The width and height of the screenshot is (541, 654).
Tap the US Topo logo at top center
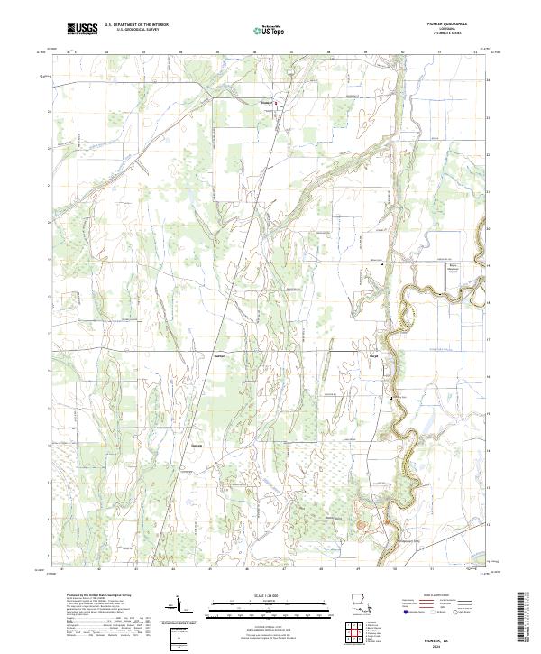coord(270,30)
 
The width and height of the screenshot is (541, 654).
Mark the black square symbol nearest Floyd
coord(390,398)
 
